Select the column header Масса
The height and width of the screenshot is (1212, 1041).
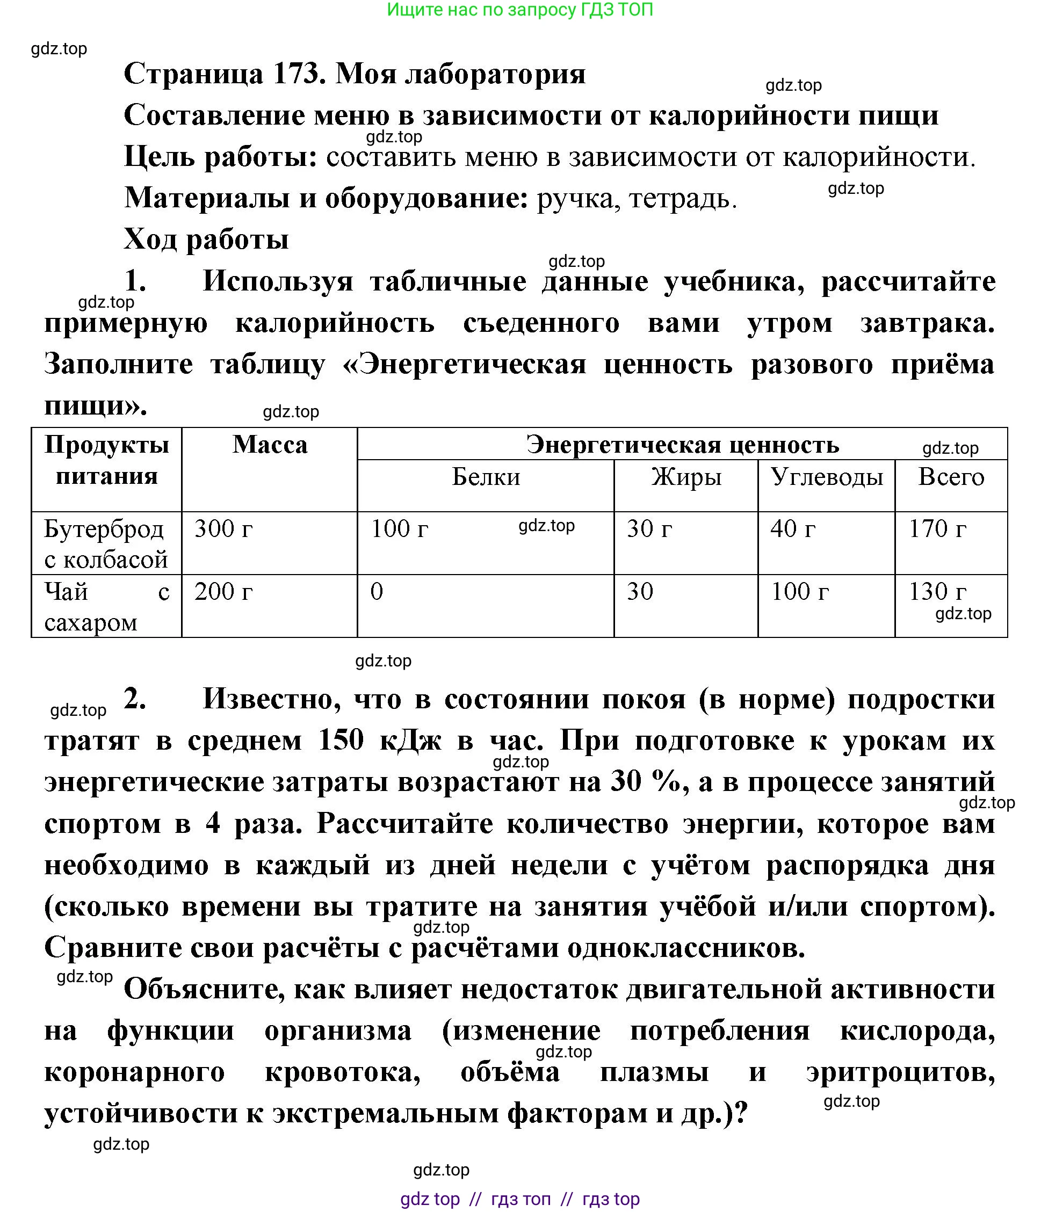tap(270, 445)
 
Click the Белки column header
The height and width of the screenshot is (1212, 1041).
tap(486, 477)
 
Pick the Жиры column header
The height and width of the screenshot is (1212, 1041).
tap(686, 477)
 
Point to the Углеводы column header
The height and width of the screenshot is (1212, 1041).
tap(826, 477)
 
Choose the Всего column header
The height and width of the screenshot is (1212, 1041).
tap(951, 477)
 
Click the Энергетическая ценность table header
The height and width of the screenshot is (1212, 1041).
tap(682, 445)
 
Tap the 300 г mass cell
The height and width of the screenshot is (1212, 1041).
tap(223, 529)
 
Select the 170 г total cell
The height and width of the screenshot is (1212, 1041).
tap(937, 529)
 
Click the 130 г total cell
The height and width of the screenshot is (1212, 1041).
tap(937, 592)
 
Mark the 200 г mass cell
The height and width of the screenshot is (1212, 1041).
tap(223, 592)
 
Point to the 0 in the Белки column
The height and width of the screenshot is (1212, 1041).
tap(377, 592)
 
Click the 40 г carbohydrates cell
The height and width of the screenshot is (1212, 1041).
tap(793, 529)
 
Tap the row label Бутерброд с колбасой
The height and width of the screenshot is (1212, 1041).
tap(106, 544)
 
